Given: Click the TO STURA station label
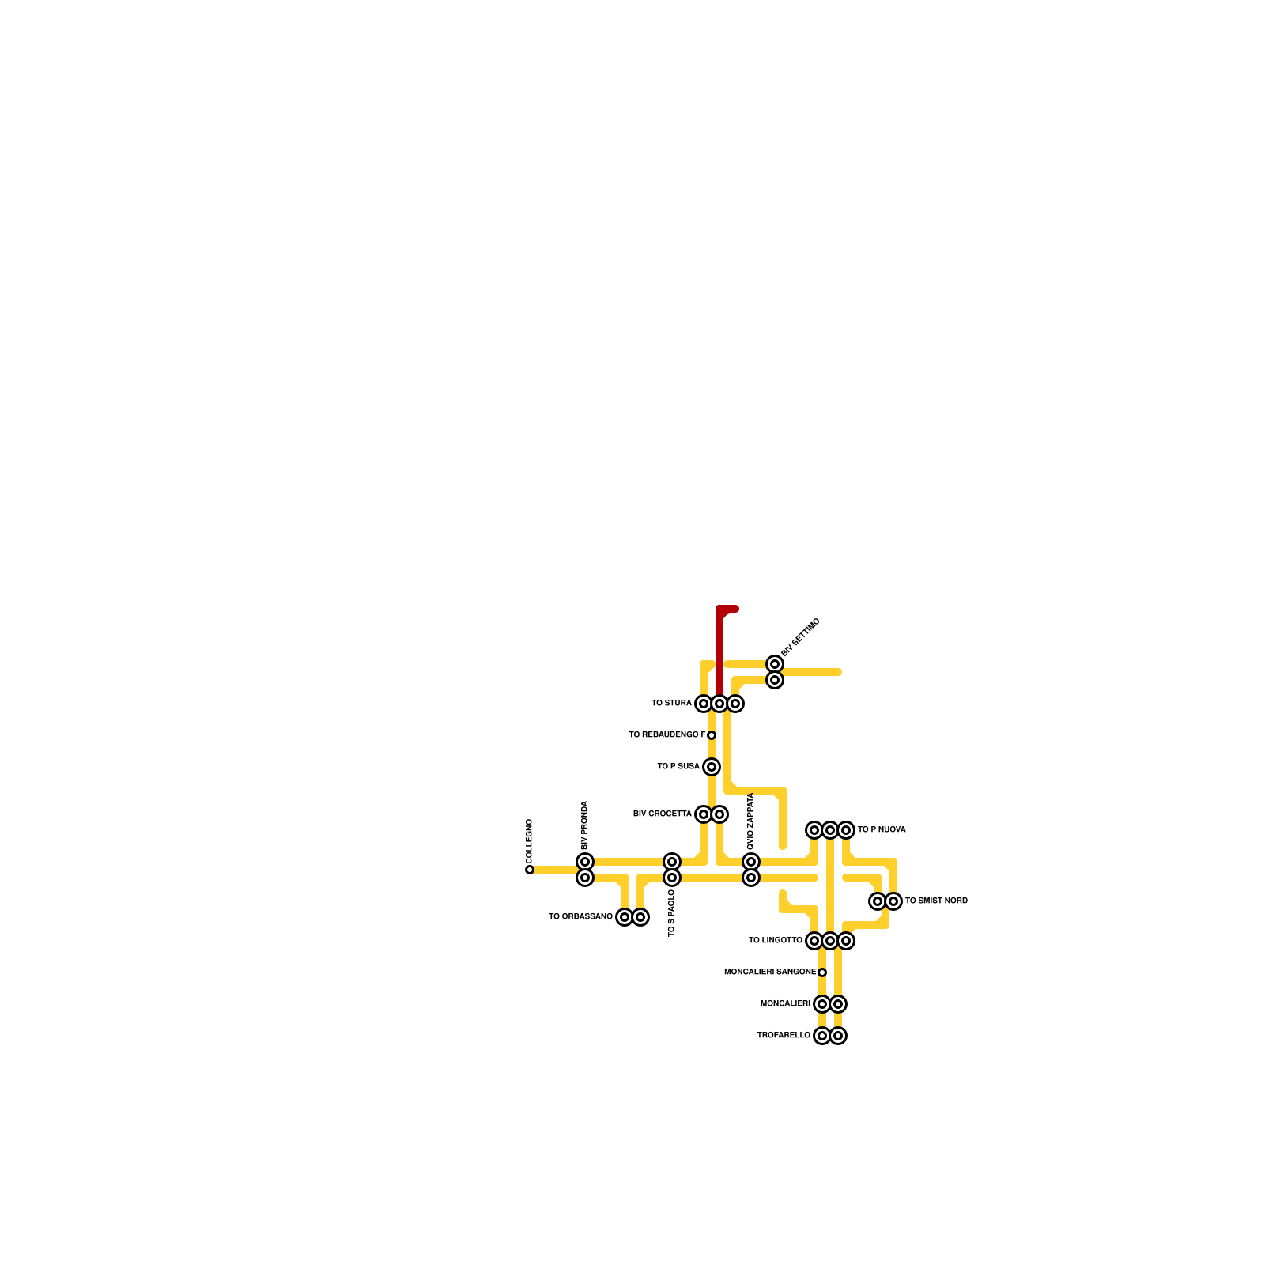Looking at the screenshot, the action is (671, 704).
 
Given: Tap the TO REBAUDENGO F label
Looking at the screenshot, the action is (666, 735).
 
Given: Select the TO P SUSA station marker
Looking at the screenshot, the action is (712, 767).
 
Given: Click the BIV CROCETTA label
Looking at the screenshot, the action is (662, 814).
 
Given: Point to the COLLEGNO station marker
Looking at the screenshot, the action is (530, 870).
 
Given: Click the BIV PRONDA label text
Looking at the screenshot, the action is (585, 825).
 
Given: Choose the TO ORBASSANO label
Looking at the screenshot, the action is (580, 917).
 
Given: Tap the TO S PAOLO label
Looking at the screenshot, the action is (672, 913).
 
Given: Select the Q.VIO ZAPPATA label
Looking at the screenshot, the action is (751, 821).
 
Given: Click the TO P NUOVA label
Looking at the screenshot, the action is (882, 830).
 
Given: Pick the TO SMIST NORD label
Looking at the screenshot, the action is (936, 901).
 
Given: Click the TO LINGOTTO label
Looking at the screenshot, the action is (775, 941).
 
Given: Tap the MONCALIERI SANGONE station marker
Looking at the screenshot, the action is (822, 972).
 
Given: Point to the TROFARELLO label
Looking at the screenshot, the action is (783, 1036).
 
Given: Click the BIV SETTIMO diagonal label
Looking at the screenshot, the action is (801, 637).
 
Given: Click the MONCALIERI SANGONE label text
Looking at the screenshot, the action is (769, 972).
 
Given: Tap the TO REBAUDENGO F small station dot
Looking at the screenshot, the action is (712, 735).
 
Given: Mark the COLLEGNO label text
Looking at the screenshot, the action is (530, 841).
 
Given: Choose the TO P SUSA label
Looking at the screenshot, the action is (678, 767).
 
